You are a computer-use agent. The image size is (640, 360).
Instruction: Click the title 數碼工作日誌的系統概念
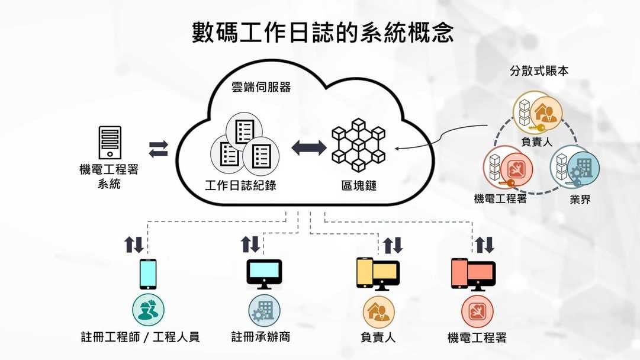pyautogui.click(x=323, y=33)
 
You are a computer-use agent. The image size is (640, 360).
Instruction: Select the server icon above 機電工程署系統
pyautogui.click(x=110, y=142)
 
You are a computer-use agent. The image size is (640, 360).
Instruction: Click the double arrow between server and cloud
pyautogui.click(x=158, y=149)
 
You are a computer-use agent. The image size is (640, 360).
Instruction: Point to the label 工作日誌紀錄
pyautogui.click(x=240, y=185)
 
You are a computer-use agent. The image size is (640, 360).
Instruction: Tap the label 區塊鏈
pyautogui.click(x=359, y=185)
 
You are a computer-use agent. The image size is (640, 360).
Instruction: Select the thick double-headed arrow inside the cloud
pyautogui.click(x=308, y=147)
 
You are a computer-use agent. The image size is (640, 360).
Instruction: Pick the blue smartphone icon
pyautogui.click(x=148, y=274)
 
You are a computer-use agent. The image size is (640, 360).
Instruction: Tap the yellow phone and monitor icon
pyautogui.click(x=378, y=274)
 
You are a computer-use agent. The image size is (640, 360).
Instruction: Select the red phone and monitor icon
pyautogui.click(x=473, y=274)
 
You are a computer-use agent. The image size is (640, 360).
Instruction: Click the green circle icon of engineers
pyautogui.click(x=148, y=310)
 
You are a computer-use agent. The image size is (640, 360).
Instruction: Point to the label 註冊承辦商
pyautogui.click(x=260, y=337)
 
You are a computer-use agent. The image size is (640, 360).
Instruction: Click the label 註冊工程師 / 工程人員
pyautogui.click(x=140, y=337)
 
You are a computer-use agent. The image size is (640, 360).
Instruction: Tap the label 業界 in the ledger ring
pyautogui.click(x=580, y=200)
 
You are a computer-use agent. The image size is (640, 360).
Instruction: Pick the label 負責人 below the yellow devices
pyautogui.click(x=378, y=337)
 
